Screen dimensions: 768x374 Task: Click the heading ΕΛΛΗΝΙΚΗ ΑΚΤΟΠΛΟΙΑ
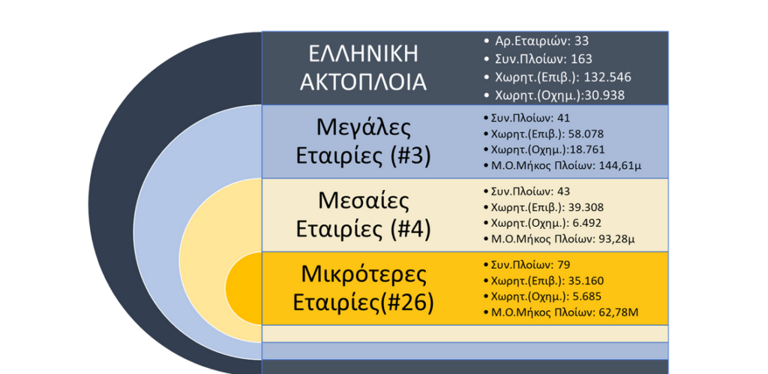(x=363, y=68)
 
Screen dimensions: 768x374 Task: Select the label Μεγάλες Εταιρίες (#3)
(x=363, y=142)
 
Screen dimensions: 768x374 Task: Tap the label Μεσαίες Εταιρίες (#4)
(x=363, y=216)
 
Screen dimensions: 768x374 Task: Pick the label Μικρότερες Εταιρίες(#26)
(x=363, y=288)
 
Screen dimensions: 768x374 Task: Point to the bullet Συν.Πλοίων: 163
(x=538, y=59)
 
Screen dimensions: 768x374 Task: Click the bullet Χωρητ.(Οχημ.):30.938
(x=554, y=95)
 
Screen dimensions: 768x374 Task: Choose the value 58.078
(x=586, y=134)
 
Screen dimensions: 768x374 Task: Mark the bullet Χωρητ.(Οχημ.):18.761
(x=544, y=149)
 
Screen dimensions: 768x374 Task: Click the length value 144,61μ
(x=620, y=166)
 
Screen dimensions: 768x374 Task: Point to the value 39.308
(x=586, y=207)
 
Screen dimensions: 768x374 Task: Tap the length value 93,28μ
(x=617, y=240)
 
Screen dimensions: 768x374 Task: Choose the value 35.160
(x=586, y=281)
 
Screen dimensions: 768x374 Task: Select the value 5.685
(x=586, y=297)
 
